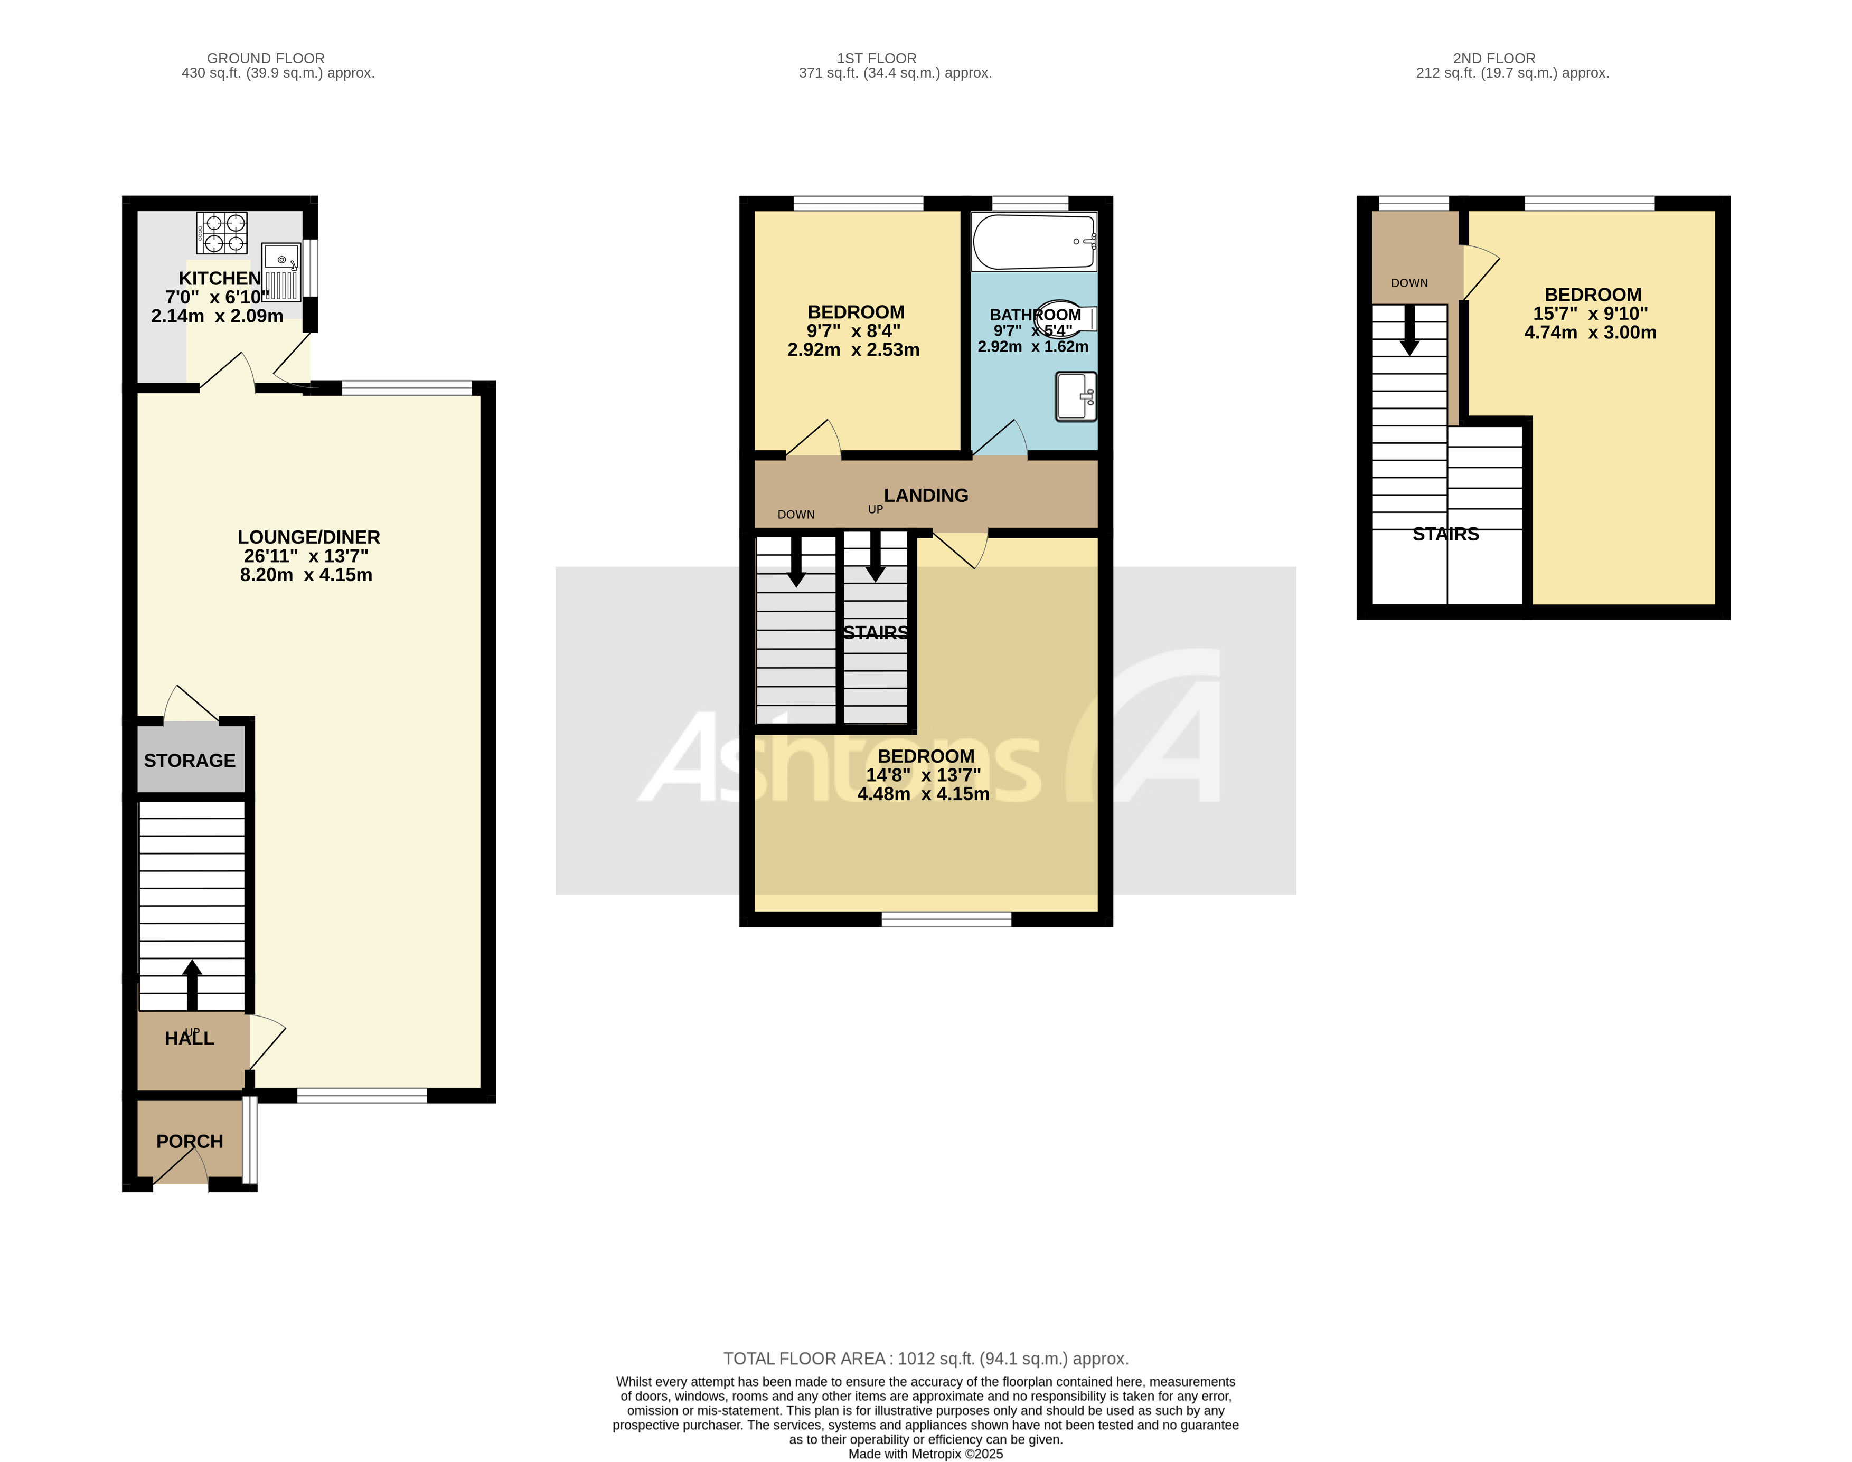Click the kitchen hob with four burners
(x=222, y=232)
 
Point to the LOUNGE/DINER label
(x=308, y=537)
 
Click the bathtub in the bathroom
(x=1033, y=242)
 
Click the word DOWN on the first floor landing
(x=795, y=515)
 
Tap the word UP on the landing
(x=875, y=509)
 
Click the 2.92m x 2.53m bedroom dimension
(x=853, y=349)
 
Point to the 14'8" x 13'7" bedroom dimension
(x=923, y=775)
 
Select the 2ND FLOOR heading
(x=1493, y=58)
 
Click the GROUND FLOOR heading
(x=266, y=58)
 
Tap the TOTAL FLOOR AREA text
(x=926, y=1359)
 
